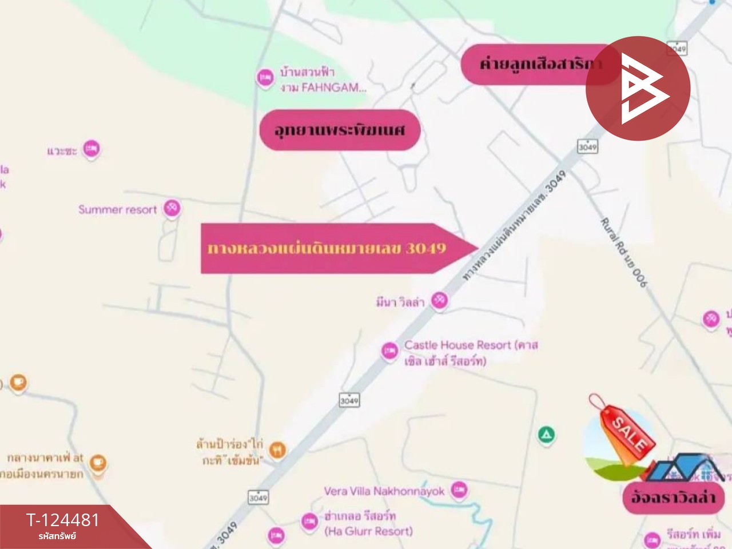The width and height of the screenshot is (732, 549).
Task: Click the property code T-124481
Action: [x=63, y=520]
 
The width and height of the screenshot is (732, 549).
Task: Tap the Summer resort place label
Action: [x=117, y=210]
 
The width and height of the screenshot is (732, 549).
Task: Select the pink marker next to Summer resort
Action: [x=172, y=208]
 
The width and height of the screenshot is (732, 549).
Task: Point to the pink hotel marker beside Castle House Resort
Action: [x=389, y=350]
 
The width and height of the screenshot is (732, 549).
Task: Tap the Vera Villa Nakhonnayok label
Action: [x=384, y=491]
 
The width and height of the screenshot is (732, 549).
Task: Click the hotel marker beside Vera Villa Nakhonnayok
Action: [x=459, y=489]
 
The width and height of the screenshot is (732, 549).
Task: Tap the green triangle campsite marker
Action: [x=547, y=435]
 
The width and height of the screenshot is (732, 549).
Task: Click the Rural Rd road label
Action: [x=624, y=252]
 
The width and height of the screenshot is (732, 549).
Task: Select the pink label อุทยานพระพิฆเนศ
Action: [x=340, y=130]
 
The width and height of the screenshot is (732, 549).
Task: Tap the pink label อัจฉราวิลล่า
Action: [x=673, y=497]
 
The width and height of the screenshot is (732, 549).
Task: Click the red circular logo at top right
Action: [x=638, y=88]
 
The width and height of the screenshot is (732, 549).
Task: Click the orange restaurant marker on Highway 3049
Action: [x=277, y=450]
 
